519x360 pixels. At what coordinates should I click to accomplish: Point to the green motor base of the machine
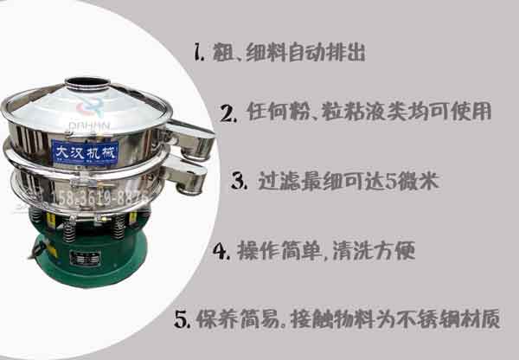point(83,260)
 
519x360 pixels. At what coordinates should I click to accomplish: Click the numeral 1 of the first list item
point(199,54)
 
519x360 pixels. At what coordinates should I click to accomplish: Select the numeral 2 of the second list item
point(228,112)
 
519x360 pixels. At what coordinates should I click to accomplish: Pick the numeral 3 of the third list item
point(240,182)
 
